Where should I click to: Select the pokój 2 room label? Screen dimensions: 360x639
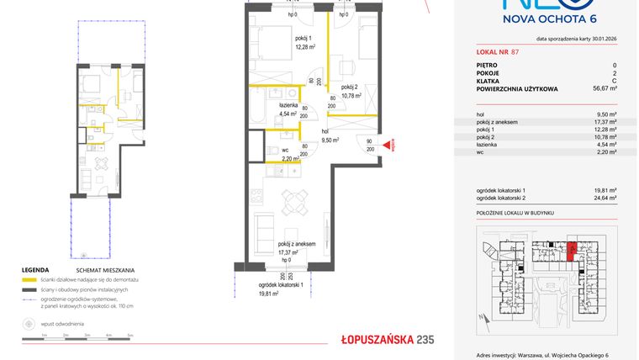tap(351, 87)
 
